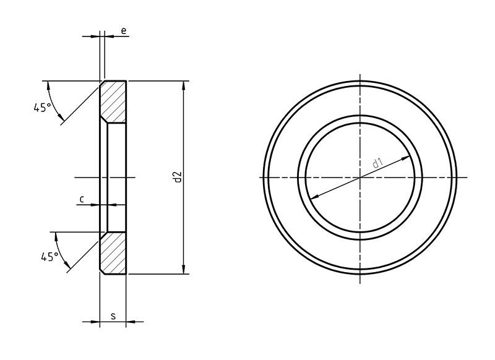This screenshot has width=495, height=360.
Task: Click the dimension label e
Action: pos(123,30)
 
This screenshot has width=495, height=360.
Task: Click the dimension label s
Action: pos(114,315)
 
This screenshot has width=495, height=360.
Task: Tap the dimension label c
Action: pos(82,199)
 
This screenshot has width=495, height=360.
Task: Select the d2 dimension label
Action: pos(178,178)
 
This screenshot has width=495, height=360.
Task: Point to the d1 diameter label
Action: pos(377,163)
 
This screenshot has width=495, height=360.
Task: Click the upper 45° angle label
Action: pos(42,108)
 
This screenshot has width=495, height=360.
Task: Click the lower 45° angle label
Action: pos(50,257)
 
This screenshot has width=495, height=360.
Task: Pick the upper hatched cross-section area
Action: pos(114,101)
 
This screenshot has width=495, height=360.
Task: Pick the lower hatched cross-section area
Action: pos(114,253)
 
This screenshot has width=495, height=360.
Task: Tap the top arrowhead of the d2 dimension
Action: pos(183,85)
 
